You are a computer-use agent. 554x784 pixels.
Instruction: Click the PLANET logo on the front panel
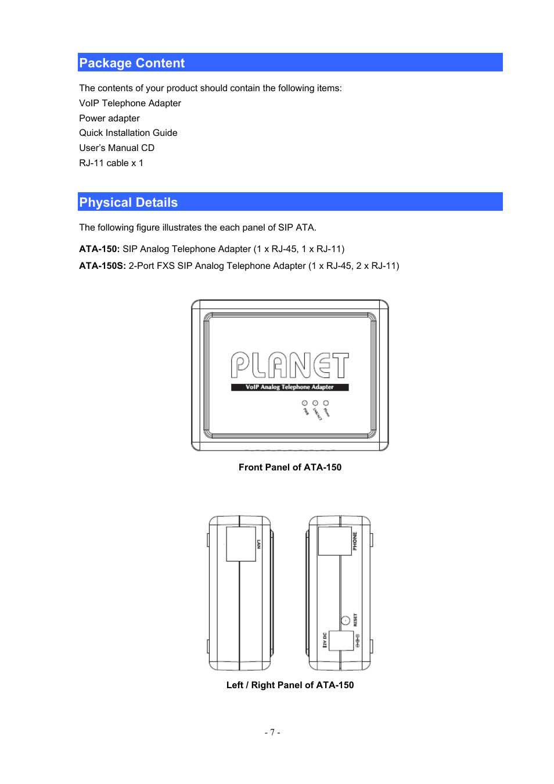tap(290, 366)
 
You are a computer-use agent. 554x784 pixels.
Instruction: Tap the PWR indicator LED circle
tap(305, 402)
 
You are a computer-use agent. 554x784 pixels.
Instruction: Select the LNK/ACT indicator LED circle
tap(315, 402)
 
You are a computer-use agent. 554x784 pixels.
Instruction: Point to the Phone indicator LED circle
tap(326, 402)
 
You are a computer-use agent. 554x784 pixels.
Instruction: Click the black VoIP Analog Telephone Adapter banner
tap(290, 387)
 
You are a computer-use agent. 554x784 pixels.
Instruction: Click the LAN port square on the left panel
tap(241, 544)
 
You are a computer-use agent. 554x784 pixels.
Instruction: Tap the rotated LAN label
tap(259, 544)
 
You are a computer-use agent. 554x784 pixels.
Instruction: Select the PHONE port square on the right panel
tap(334, 541)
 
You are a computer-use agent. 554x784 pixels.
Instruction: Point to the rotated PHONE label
tap(355, 541)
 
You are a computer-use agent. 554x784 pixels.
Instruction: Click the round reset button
tap(345, 620)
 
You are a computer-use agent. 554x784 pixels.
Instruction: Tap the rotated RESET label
tap(355, 620)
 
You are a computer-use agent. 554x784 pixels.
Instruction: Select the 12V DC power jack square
tap(341, 641)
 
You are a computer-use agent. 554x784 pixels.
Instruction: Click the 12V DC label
tap(325, 640)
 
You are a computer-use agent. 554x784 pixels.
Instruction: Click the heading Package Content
tap(132, 63)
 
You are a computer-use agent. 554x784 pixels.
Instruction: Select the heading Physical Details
tap(128, 202)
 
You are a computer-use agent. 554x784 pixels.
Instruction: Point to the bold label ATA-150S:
tap(102, 266)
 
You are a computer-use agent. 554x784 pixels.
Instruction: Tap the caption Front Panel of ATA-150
tap(290, 467)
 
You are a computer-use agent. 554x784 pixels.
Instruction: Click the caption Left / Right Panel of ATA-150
tap(290, 685)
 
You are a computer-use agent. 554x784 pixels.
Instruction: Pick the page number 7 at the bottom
tap(272, 732)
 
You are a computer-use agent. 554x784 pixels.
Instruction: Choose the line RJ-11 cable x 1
tap(111, 163)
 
